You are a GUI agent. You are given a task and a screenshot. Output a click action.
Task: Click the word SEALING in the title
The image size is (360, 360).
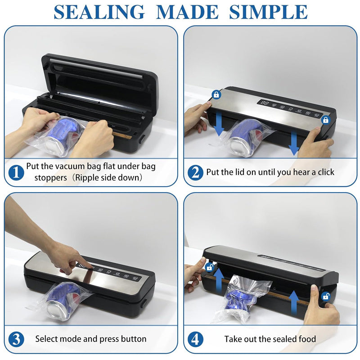tap(99, 12)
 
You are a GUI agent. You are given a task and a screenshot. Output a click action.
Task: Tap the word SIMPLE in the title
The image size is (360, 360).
tap(268, 12)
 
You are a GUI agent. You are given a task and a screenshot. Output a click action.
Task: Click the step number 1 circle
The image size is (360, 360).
tap(16, 173)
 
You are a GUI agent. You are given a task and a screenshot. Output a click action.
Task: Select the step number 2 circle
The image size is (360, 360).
tap(195, 173)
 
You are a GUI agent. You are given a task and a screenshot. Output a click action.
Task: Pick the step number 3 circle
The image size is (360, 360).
tap(16, 339)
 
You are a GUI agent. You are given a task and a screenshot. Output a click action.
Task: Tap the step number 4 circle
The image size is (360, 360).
tap(195, 339)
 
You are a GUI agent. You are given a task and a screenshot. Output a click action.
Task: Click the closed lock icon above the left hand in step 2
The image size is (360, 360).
tap(216, 94)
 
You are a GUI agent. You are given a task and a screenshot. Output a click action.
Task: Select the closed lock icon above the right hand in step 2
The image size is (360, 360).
tap(325, 120)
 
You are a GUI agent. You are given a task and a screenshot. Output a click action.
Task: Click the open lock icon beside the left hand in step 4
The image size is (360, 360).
tap(210, 267)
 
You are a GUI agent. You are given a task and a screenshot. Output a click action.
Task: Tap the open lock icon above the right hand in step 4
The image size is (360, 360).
tap(326, 297)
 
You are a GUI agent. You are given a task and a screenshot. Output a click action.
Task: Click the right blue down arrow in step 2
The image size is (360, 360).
tap(294, 143)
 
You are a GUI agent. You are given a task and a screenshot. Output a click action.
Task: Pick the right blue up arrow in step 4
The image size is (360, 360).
tap(294, 302)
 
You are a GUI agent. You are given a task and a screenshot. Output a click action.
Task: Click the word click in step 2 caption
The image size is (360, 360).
tap(326, 172)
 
